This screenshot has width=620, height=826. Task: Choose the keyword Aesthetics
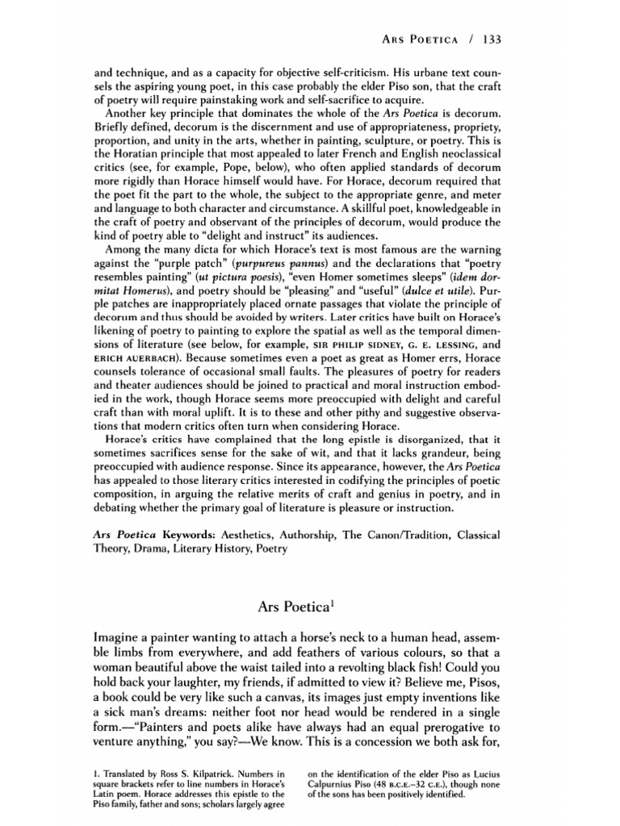262,535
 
